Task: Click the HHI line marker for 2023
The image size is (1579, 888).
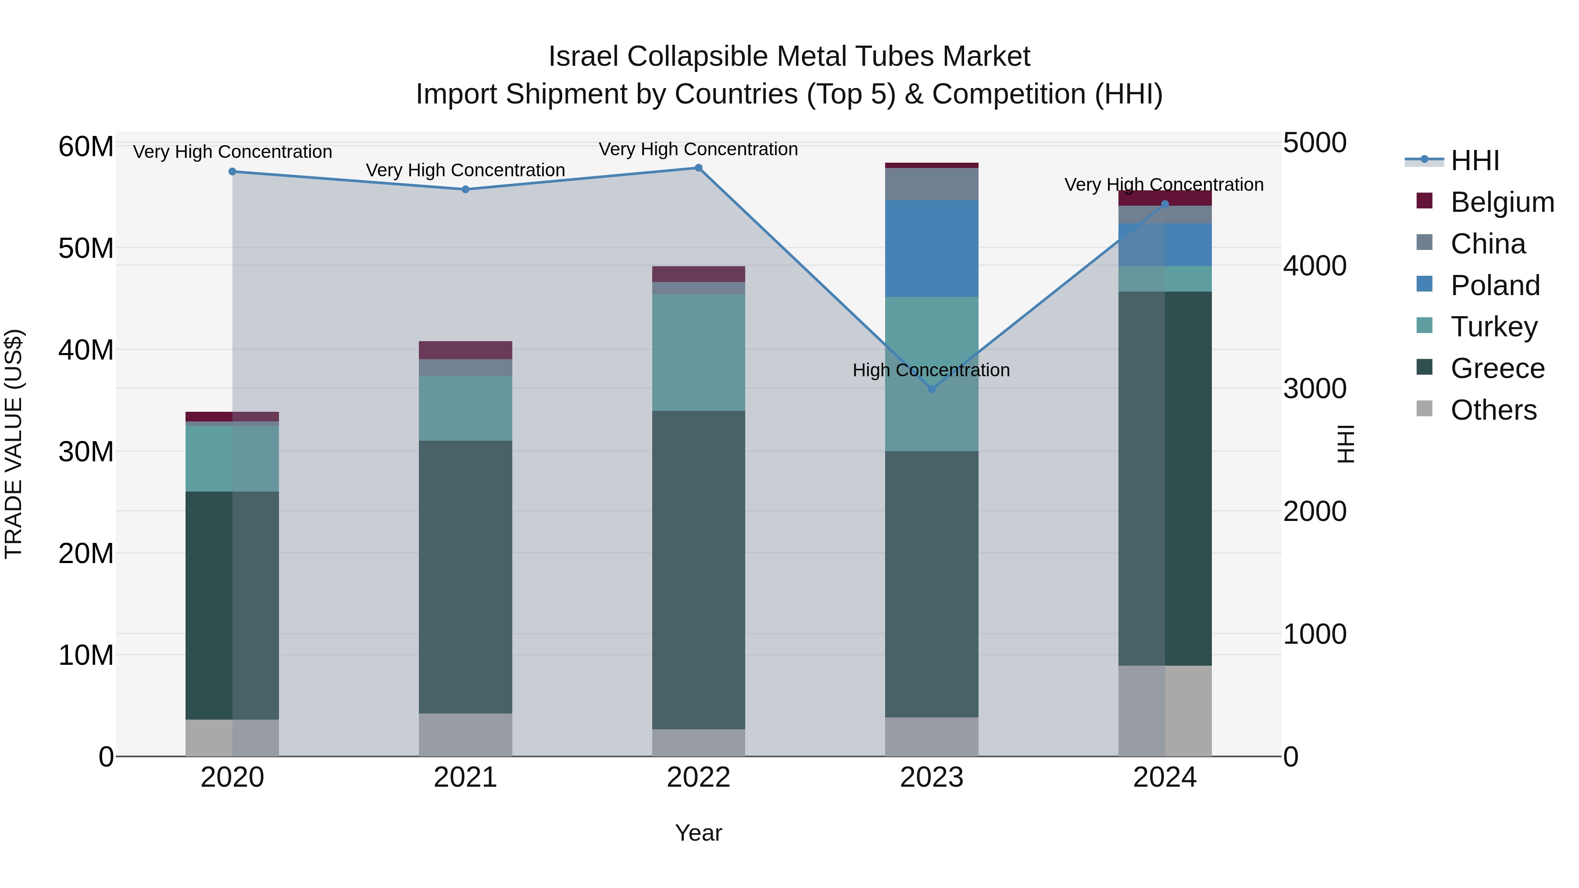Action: point(932,389)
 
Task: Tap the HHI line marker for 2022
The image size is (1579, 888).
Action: point(698,168)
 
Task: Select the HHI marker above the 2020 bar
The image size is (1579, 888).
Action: point(232,171)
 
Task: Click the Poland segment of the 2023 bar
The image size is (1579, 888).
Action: point(932,248)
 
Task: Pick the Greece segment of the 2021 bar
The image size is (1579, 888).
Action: point(465,576)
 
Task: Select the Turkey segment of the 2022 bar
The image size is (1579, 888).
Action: point(698,353)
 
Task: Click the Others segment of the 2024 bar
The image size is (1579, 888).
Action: point(1165,711)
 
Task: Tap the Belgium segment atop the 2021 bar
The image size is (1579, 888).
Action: point(465,350)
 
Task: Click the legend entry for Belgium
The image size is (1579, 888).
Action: point(1502,202)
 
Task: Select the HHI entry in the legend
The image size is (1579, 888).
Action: point(1474,160)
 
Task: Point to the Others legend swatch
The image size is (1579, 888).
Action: point(1425,409)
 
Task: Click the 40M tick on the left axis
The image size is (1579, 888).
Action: point(86,350)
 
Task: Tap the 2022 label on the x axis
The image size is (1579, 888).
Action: point(698,777)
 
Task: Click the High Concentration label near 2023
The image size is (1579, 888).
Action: point(931,370)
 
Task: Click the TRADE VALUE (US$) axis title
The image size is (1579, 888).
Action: point(14,444)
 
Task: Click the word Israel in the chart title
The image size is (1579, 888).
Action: point(584,57)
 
